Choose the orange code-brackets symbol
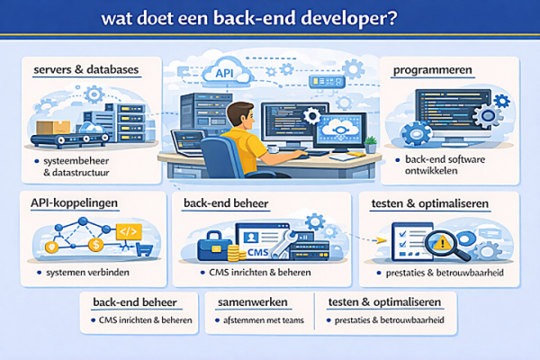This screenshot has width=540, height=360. tap(127, 232)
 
